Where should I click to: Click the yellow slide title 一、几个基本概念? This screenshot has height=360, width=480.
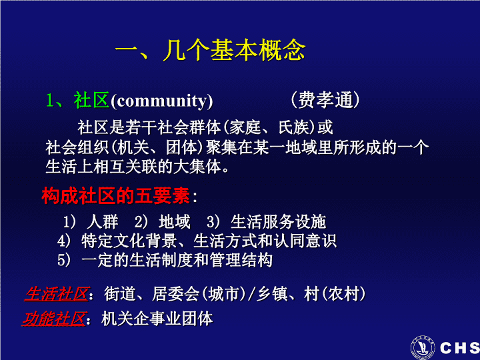[x=210, y=50]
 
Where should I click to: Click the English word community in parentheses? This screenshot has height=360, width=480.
[x=161, y=101]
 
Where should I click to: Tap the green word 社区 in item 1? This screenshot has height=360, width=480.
[x=91, y=100]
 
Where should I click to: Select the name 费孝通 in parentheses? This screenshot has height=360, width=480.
[x=325, y=100]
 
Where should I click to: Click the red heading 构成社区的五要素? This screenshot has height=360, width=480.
[x=116, y=195]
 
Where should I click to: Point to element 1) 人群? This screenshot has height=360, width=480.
[x=91, y=222]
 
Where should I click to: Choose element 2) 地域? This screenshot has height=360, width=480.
[x=163, y=222]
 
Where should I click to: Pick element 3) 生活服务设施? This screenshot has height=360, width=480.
[x=266, y=222]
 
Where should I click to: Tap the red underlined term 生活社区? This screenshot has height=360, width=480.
[x=57, y=294]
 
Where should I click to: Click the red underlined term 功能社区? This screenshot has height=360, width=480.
[x=54, y=319]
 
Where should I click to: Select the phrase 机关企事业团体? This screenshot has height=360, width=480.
[x=157, y=319]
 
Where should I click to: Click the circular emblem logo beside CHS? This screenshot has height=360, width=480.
[x=423, y=347]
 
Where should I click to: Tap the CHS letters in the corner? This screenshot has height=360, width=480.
[x=460, y=348]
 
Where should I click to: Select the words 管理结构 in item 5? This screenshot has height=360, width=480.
[x=241, y=260]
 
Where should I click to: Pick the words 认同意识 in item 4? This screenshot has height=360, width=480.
[x=305, y=241]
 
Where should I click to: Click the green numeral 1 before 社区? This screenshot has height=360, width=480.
[x=49, y=100]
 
